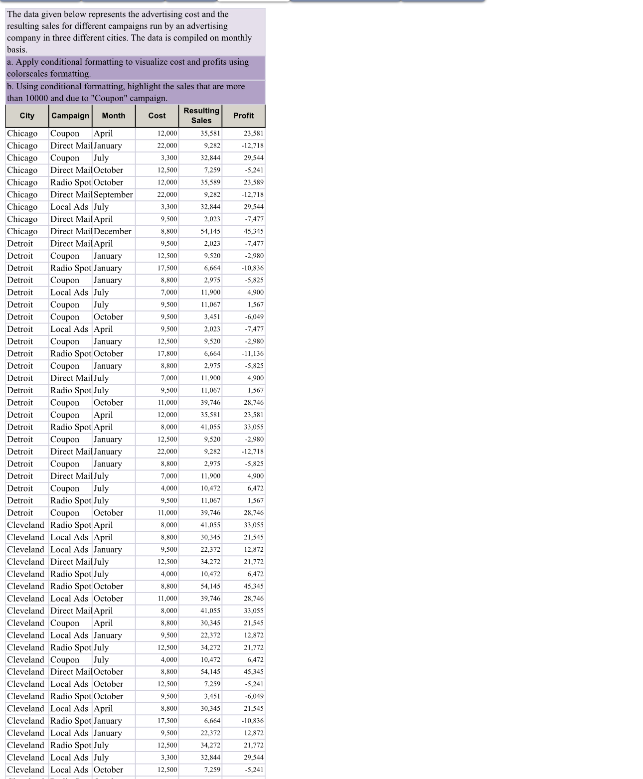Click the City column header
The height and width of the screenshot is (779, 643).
pos(27,116)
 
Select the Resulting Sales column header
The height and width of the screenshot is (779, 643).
pos(201,116)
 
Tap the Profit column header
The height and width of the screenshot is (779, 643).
pos(243,116)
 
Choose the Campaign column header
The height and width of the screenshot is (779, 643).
pos(70,116)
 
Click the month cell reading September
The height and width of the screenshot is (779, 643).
pos(113,194)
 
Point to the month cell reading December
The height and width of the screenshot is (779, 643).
pos(113,231)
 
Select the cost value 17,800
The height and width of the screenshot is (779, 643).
pos(167,353)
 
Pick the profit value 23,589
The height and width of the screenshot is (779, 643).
pos(254,182)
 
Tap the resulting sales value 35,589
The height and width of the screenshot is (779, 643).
pos(210,182)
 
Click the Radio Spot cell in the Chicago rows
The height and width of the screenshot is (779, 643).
pos(71,182)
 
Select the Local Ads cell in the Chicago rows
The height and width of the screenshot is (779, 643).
pos(69,207)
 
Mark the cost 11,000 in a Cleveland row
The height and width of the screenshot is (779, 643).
pos(167,599)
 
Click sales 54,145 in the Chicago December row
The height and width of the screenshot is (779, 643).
pos(210,231)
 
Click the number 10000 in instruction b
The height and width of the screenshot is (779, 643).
pos(36,98)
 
